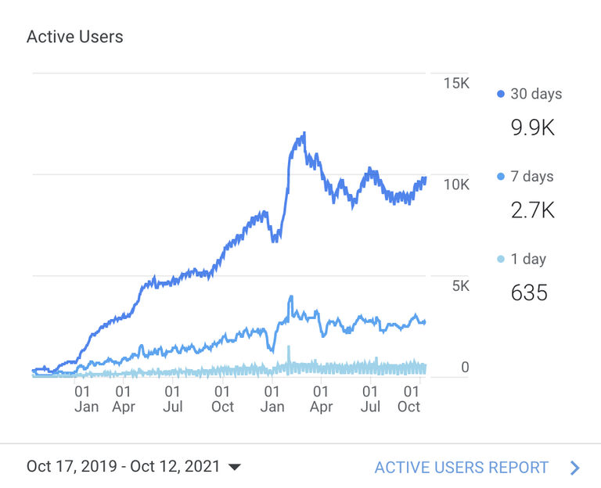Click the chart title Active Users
click(x=75, y=37)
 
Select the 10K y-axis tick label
click(x=455, y=185)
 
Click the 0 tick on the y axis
click(x=464, y=367)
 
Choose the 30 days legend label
click(x=536, y=94)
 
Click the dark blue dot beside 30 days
click(x=501, y=95)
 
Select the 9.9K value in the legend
click(x=533, y=127)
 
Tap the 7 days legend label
click(x=532, y=177)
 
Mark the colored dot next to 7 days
click(x=501, y=178)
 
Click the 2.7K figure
click(x=533, y=210)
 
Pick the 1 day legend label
click(x=528, y=259)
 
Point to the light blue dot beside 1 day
click(x=501, y=260)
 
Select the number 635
click(x=529, y=293)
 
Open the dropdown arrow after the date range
click(x=234, y=468)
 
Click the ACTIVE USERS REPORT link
click(x=462, y=468)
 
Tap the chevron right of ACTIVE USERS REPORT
click(x=575, y=468)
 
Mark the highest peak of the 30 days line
click(x=304, y=134)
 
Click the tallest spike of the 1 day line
click(x=289, y=346)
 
